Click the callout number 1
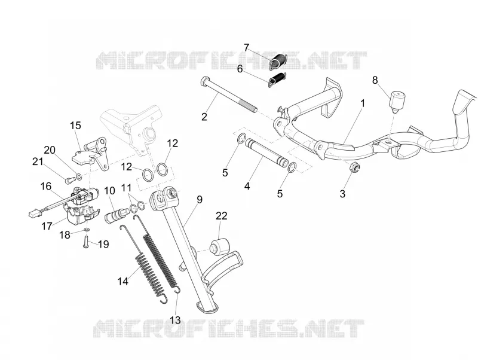point(363,103)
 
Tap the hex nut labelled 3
point(354,167)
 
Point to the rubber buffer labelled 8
point(397,99)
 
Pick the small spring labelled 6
point(277,79)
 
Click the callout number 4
point(247,186)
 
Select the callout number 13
point(175,320)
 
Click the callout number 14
point(123,281)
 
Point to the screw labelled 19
point(85,242)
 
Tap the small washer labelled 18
point(87,229)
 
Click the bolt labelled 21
point(68,181)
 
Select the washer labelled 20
point(79,176)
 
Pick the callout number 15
point(75,126)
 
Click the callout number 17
point(47,226)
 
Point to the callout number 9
point(200,200)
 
